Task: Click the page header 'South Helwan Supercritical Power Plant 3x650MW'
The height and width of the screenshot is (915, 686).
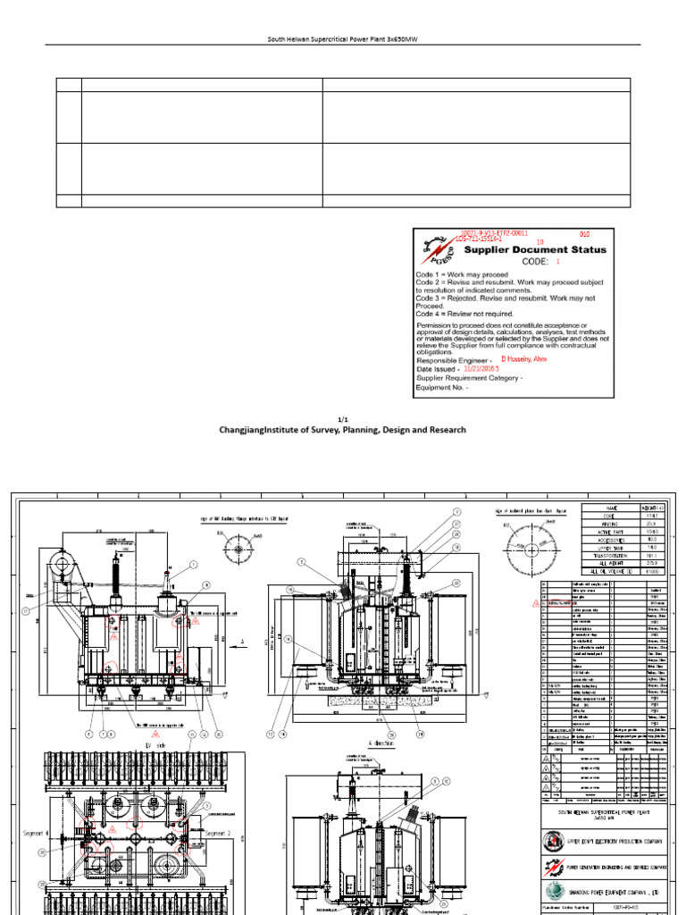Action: click(x=343, y=39)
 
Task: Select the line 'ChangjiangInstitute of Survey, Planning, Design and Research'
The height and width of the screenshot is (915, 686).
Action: click(x=343, y=430)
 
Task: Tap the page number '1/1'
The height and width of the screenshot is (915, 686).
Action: click(x=343, y=418)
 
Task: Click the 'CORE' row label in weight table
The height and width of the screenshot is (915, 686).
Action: click(x=611, y=516)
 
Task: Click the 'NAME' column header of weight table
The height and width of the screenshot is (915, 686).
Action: click(x=611, y=508)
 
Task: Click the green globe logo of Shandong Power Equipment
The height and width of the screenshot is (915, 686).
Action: click(x=554, y=890)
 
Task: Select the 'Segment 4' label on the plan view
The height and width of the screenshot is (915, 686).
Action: click(x=37, y=833)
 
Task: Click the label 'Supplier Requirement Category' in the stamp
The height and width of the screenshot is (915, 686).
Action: click(x=469, y=378)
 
